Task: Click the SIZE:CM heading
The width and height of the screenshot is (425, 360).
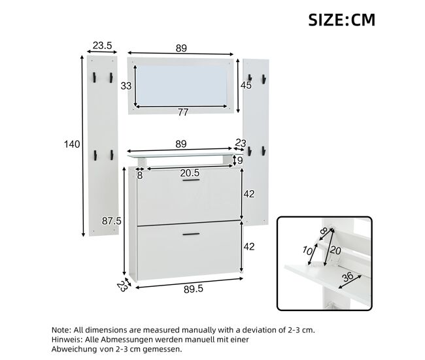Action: pyautogui.click(x=342, y=20)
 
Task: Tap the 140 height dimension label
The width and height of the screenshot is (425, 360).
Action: pyautogui.click(x=72, y=144)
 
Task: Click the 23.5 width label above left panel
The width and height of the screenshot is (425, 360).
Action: pyautogui.click(x=102, y=46)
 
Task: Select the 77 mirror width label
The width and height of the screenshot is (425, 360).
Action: pyautogui.click(x=183, y=112)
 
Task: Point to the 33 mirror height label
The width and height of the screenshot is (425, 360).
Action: pyautogui.click(x=126, y=86)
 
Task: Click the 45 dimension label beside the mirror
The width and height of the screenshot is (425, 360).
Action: pyautogui.click(x=246, y=86)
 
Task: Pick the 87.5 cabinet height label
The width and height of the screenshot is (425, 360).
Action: pyautogui.click(x=111, y=221)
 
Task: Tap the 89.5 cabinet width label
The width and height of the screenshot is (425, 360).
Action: pyautogui.click(x=194, y=289)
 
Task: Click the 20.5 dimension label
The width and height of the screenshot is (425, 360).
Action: pyautogui.click(x=190, y=173)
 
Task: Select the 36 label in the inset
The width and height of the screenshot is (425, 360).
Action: pyautogui.click(x=347, y=277)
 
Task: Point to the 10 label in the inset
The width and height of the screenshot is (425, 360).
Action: pyautogui.click(x=307, y=251)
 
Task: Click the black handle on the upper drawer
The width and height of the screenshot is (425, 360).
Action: pyautogui.click(x=191, y=180)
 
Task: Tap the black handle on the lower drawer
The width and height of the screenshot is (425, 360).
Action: pyautogui.click(x=191, y=234)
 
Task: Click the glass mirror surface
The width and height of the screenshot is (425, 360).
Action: pyautogui.click(x=180, y=86)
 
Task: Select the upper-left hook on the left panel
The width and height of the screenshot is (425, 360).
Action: pyautogui.click(x=94, y=77)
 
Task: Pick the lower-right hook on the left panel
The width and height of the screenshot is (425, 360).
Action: pyautogui.click(x=111, y=155)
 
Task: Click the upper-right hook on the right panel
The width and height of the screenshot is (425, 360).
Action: pyautogui.click(x=263, y=79)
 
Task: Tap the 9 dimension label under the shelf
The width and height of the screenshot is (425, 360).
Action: pyautogui.click(x=239, y=161)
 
